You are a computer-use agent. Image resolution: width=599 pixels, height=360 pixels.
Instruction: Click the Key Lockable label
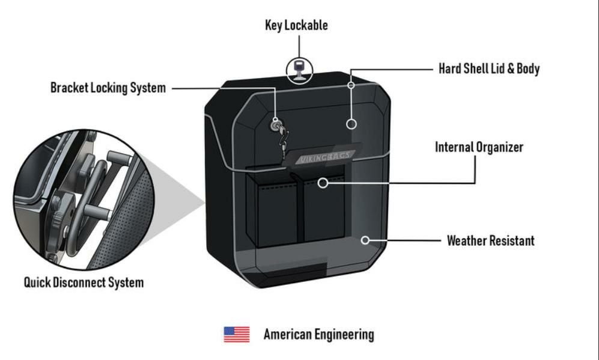click(296, 25)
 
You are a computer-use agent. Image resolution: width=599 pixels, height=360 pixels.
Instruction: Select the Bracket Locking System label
click(108, 88)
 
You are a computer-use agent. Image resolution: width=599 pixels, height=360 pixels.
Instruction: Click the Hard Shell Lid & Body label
click(489, 69)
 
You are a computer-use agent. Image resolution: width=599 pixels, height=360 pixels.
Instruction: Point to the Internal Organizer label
click(479, 147)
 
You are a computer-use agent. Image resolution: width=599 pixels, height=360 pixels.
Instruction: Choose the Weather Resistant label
click(490, 241)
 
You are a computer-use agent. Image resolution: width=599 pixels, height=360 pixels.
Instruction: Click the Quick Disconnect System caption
click(84, 282)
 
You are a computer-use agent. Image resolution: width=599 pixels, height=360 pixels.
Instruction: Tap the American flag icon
click(237, 334)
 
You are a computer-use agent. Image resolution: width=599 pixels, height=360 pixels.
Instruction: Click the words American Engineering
click(318, 335)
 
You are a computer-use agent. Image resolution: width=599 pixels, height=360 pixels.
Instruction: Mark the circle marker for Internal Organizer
click(323, 182)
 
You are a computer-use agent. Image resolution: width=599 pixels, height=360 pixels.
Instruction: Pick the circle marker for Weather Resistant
click(365, 240)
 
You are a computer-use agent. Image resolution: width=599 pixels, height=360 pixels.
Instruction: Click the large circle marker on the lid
click(352, 124)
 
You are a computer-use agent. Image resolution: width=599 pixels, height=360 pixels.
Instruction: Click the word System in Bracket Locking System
click(148, 88)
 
